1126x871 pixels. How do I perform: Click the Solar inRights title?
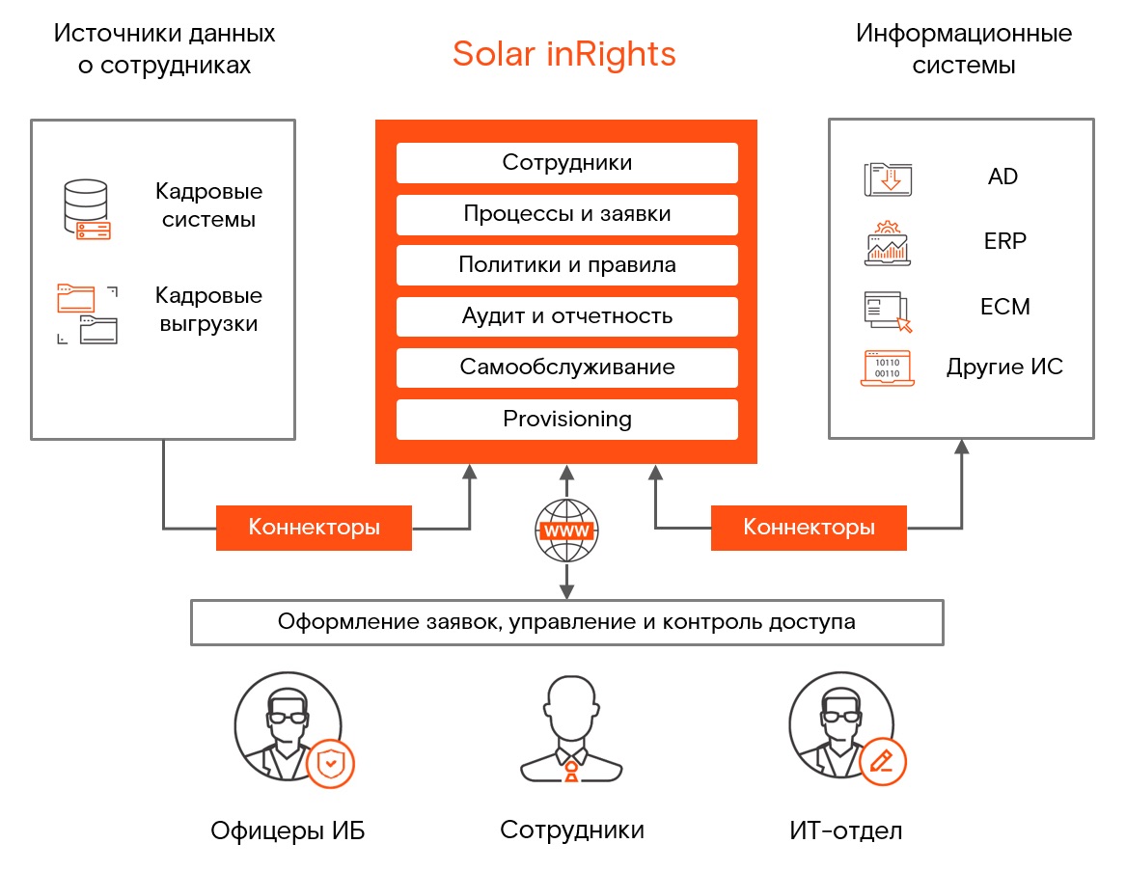pyautogui.click(x=563, y=54)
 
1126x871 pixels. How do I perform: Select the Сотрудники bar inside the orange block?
pyautogui.click(x=566, y=163)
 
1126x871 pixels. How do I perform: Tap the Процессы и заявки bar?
pyautogui.click(x=566, y=214)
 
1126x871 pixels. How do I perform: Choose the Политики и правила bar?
pyautogui.click(x=566, y=265)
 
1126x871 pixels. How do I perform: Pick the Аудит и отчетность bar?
pyautogui.click(x=566, y=316)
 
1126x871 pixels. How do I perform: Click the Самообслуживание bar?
pyautogui.click(x=566, y=367)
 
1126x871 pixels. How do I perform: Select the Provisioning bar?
pyautogui.click(x=566, y=420)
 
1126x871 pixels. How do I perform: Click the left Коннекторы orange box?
pyautogui.click(x=314, y=528)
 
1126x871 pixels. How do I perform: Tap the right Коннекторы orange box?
pyautogui.click(x=809, y=528)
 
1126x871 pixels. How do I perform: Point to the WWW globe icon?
pyautogui.click(x=566, y=531)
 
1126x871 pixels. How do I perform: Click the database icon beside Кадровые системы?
pyautogui.click(x=87, y=209)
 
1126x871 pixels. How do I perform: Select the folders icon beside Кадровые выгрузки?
pyautogui.click(x=87, y=314)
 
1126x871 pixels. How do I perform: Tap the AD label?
pyautogui.click(x=1002, y=177)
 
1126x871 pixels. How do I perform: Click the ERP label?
pyautogui.click(x=1004, y=241)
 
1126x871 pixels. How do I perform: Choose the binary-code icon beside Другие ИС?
pyautogui.click(x=888, y=368)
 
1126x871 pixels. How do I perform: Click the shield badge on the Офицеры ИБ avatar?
pyautogui.click(x=330, y=763)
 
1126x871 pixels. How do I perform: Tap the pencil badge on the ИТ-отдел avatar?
pyautogui.click(x=883, y=761)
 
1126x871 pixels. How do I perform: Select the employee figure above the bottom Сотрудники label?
pyautogui.click(x=571, y=729)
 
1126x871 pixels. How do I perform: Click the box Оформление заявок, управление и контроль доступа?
pyautogui.click(x=566, y=622)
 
